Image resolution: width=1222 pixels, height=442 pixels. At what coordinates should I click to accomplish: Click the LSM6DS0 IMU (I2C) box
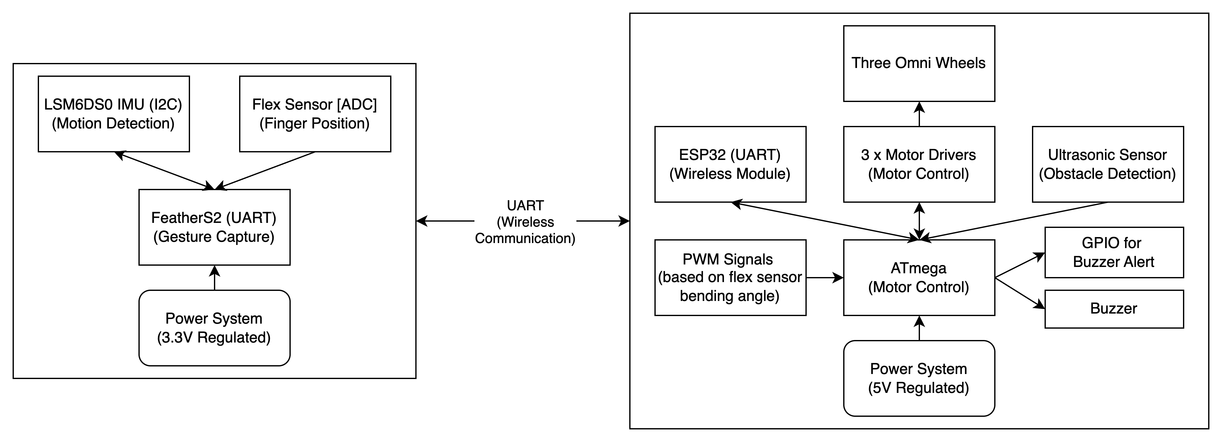(114, 114)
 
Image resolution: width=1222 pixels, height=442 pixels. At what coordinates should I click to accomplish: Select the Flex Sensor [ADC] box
(315, 114)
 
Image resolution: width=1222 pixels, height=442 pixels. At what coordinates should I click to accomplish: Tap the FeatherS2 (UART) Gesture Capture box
(215, 227)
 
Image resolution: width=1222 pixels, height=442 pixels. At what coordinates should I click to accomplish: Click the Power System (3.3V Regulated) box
(215, 328)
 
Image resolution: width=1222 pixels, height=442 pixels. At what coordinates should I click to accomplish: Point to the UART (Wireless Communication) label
(525, 222)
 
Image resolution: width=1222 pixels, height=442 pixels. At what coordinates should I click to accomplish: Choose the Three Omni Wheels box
(919, 64)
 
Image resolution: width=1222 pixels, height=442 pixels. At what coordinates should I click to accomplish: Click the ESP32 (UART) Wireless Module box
(730, 164)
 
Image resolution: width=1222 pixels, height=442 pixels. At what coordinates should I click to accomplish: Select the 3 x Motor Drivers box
(919, 164)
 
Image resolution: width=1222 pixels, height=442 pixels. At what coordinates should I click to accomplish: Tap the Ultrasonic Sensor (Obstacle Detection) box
(1108, 164)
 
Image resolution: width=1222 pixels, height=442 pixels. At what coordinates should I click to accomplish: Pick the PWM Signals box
(730, 278)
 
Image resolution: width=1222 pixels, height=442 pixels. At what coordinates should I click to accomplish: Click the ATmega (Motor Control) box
(919, 278)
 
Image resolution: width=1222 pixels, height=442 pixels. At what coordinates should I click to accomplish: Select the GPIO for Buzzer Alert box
(1114, 252)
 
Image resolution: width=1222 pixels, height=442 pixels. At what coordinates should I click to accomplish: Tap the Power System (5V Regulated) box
(919, 378)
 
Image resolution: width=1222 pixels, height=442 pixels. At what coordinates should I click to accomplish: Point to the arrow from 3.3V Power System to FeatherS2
(215, 278)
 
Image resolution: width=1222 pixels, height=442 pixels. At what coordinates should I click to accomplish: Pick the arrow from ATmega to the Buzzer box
(1020, 293)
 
